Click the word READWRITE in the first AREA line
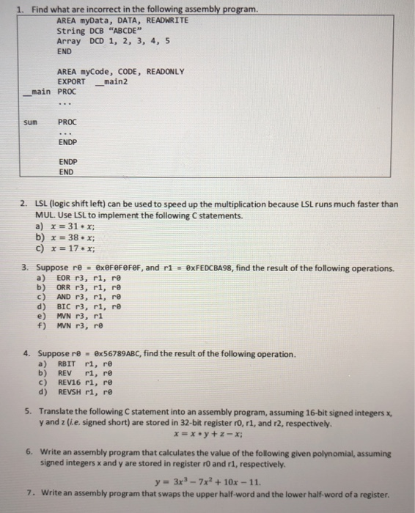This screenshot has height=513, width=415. coord(168,21)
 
